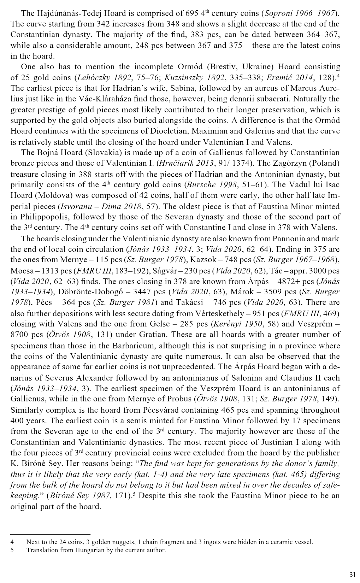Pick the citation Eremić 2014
click(x=296, y=77)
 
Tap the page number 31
click(x=352, y=574)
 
